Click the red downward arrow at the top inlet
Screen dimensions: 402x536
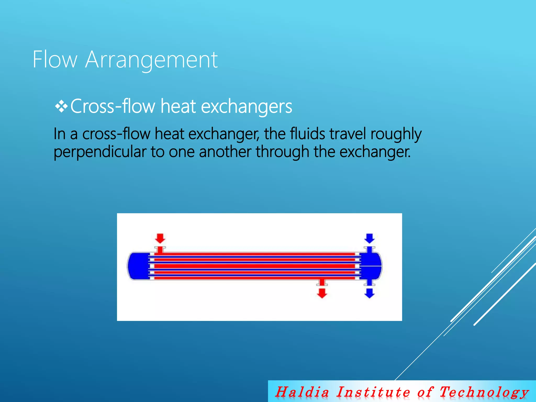point(160,238)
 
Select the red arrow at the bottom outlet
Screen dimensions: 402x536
point(322,293)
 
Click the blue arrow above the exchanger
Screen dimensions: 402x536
point(369,238)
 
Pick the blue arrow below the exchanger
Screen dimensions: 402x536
point(369,293)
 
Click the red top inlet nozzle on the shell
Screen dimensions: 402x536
point(160,250)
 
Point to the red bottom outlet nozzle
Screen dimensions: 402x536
point(322,282)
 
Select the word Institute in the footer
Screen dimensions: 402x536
point(373,392)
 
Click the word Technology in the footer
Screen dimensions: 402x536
point(484,392)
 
